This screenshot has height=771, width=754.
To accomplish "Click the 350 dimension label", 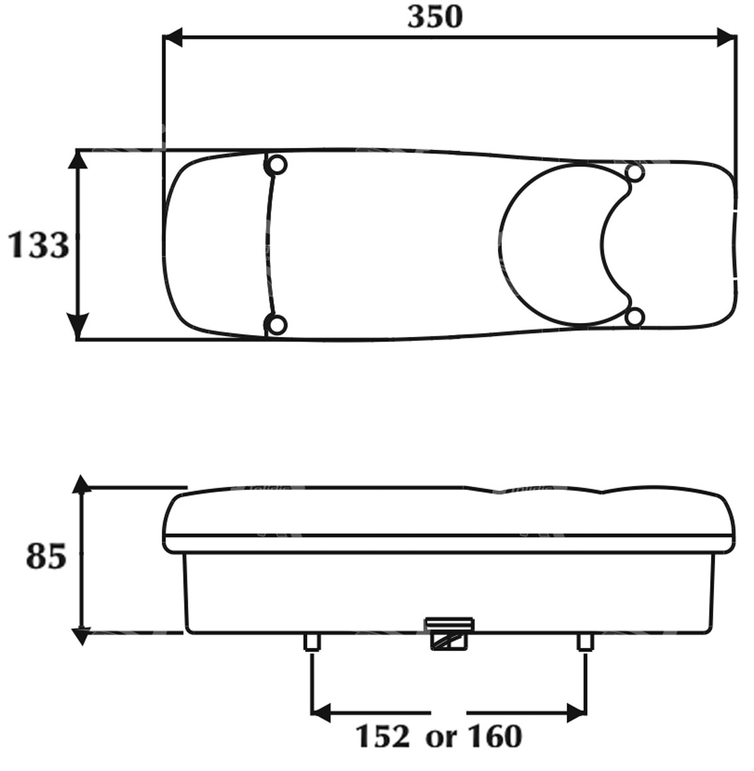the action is coord(435,17).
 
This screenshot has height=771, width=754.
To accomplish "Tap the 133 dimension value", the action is coord(39,245).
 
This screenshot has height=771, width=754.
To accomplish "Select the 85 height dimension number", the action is coord(46,557).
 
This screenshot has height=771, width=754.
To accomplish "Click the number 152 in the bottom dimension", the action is coord(383,736).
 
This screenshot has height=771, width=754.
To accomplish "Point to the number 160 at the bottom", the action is coord(494,736).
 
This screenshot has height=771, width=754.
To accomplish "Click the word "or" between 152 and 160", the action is coord(441,738).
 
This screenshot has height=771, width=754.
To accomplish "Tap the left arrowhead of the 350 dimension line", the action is coord(172,37).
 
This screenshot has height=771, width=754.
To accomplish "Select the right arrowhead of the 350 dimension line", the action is coord(727,37).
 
